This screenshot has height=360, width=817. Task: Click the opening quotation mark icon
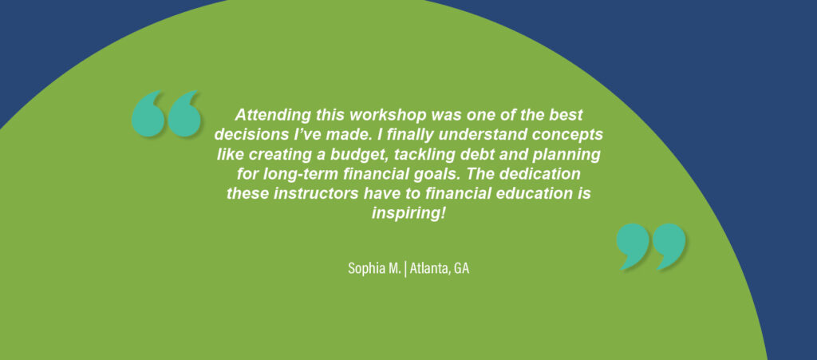coord(166,113)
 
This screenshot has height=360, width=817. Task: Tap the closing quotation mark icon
coord(651,247)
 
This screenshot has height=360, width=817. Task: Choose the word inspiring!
coord(408,214)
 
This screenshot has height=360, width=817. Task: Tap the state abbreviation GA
coord(462,269)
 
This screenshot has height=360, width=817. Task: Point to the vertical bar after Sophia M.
coord(405,269)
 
